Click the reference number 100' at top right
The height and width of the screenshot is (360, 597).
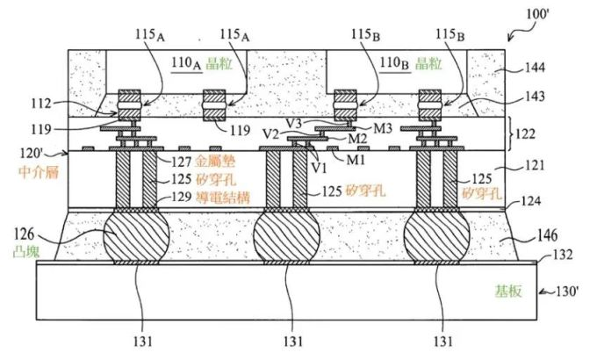coord(537,14)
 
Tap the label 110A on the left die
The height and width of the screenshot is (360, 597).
coord(186,63)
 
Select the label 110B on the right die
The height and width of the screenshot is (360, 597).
coord(394,63)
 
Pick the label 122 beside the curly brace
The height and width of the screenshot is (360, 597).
coord(525,133)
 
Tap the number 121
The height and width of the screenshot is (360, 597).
coord(535,165)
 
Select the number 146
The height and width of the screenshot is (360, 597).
coord(547,235)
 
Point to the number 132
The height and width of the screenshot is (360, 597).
coord(563,254)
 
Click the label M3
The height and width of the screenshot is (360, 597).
coord(383,128)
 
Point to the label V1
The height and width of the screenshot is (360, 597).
coord(319,167)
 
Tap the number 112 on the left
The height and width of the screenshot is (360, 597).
coord(41,103)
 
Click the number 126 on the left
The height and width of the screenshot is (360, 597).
coord(24,234)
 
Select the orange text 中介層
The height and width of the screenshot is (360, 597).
coord(39,172)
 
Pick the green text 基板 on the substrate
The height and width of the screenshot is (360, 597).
coord(508,291)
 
